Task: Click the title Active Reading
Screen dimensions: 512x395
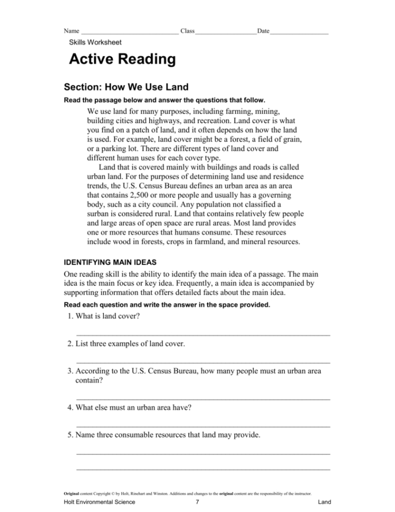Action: (x=122, y=59)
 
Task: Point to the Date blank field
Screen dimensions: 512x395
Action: (x=300, y=32)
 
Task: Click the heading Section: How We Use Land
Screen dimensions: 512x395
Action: (x=126, y=87)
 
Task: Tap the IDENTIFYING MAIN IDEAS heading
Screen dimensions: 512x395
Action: (x=114, y=261)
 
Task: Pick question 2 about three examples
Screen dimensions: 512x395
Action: (x=127, y=344)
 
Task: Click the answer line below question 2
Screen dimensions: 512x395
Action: (x=203, y=362)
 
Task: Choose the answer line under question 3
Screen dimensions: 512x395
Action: (x=203, y=399)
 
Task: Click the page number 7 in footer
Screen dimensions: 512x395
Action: (x=197, y=502)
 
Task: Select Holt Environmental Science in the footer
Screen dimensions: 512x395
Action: (x=99, y=502)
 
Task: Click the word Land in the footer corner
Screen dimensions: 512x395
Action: (x=325, y=502)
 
